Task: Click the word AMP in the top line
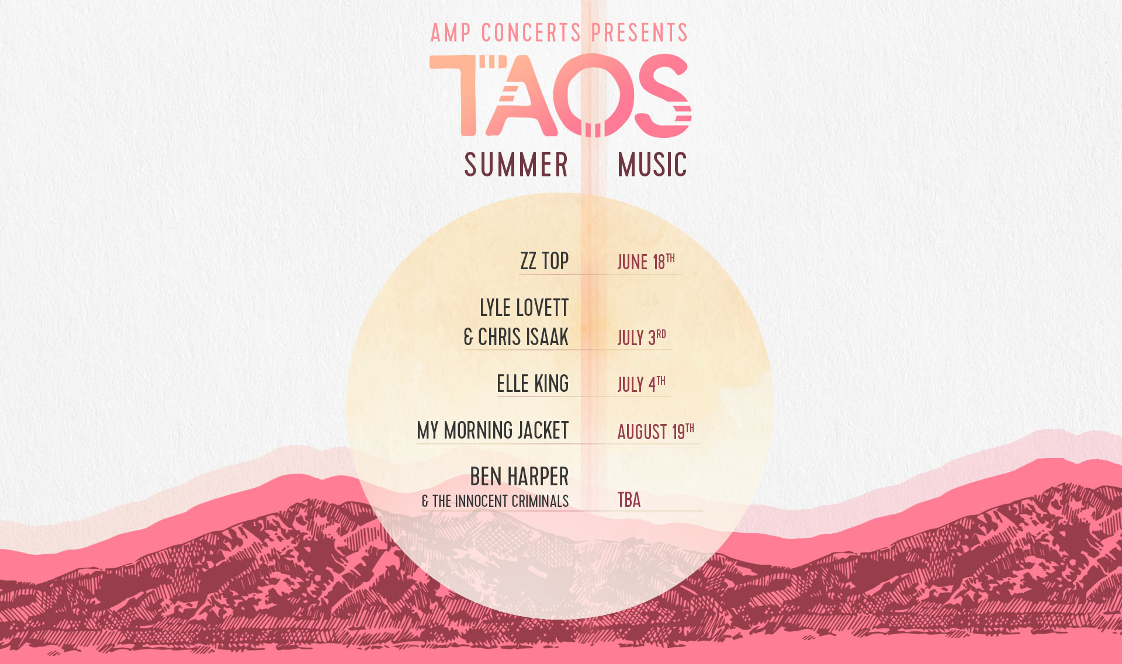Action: (451, 33)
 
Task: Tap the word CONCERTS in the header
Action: (531, 33)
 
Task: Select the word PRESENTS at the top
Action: (640, 33)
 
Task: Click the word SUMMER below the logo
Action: (517, 165)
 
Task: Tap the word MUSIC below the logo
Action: (652, 165)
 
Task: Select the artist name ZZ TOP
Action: (545, 261)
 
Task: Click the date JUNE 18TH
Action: (646, 262)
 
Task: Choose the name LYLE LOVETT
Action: (524, 308)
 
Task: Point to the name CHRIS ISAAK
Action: (524, 337)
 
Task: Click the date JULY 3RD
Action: (642, 338)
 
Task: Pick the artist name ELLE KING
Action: (533, 384)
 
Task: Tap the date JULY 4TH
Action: (642, 384)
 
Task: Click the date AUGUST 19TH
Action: (656, 431)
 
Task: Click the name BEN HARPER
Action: (520, 477)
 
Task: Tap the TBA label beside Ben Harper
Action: (629, 500)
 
